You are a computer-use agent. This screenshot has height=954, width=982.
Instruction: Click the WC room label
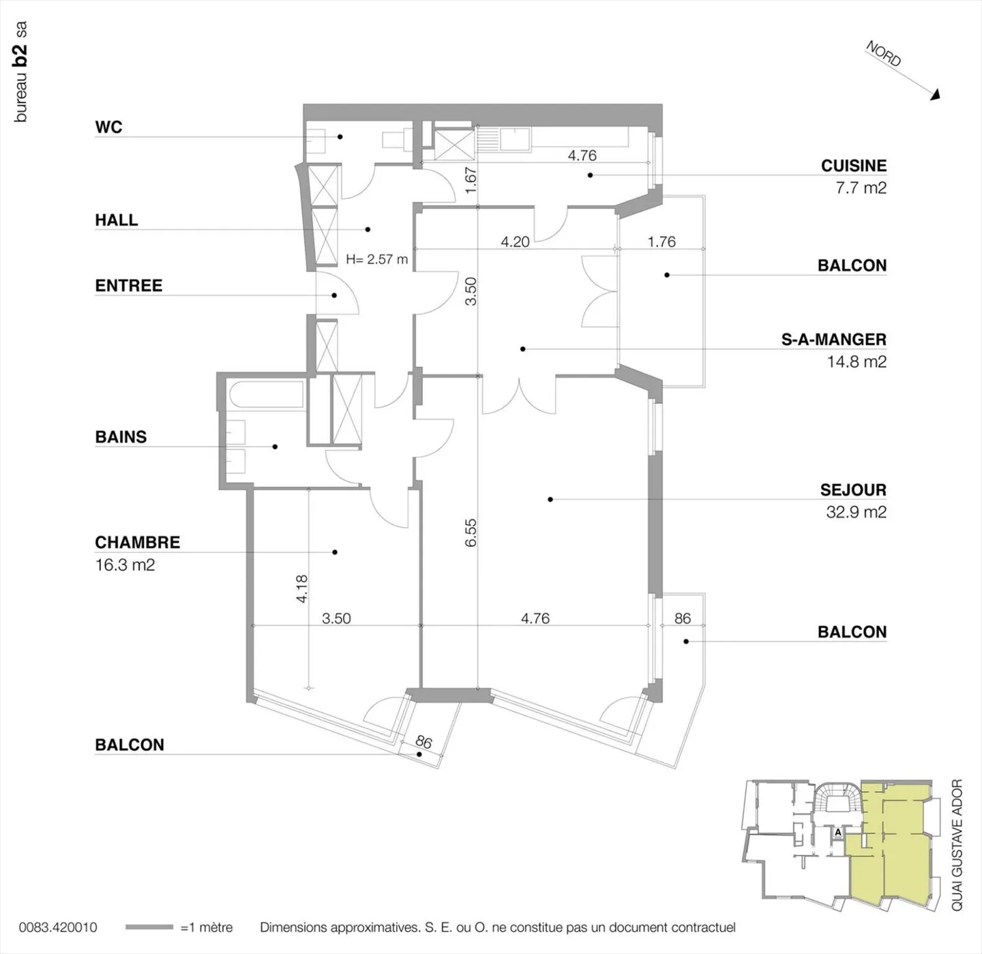click(x=108, y=127)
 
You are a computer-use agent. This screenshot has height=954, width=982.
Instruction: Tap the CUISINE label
click(x=853, y=166)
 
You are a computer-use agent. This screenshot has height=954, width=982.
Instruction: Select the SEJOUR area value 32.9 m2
click(x=856, y=512)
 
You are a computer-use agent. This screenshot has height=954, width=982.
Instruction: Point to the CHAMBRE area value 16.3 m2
click(x=125, y=565)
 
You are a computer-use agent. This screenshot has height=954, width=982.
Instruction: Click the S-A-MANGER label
click(x=833, y=340)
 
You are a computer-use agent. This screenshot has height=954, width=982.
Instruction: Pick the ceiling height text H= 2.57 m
click(x=376, y=260)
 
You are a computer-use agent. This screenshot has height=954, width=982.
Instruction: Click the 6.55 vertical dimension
click(x=471, y=533)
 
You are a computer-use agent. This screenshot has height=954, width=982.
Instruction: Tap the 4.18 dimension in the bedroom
click(x=302, y=588)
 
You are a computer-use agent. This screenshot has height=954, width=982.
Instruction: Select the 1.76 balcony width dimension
click(x=661, y=242)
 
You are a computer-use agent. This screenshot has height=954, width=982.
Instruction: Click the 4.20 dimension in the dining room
click(x=515, y=242)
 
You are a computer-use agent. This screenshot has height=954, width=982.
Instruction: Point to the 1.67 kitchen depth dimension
click(x=471, y=180)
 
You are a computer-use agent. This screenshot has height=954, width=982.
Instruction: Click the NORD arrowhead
click(x=936, y=95)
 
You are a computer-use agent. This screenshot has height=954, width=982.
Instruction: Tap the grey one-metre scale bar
click(x=149, y=927)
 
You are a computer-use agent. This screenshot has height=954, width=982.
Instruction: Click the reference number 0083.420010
click(x=58, y=927)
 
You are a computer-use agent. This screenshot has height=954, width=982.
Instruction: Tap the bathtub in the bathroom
click(x=265, y=395)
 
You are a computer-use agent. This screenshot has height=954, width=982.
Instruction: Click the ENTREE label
click(x=129, y=286)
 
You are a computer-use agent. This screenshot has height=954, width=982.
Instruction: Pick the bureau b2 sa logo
click(x=20, y=72)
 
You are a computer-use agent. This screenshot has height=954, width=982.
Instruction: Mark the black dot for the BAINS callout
click(x=275, y=447)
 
